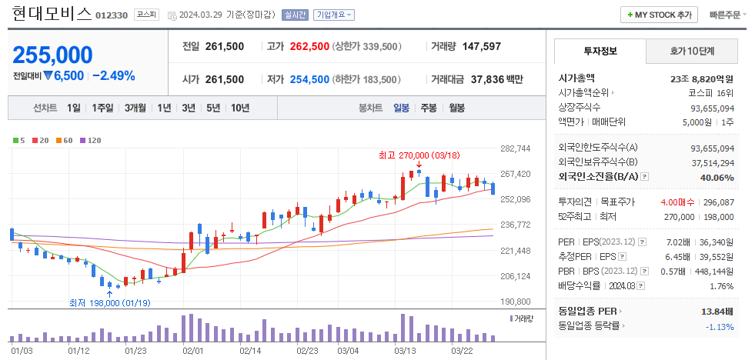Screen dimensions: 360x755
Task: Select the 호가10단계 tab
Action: [690, 51]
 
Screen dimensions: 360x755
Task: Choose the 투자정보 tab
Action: [600, 51]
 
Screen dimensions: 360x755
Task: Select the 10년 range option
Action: [239, 108]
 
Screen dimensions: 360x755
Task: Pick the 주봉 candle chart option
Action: [429, 108]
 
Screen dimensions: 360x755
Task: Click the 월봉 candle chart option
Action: [456, 108]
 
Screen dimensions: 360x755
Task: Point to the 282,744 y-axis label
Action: [516, 148]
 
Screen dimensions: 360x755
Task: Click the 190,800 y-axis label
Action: [516, 302]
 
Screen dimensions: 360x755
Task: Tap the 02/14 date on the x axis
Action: [250, 351]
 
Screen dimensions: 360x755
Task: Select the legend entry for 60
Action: [66, 140]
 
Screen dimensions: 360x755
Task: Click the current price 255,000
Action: [52, 55]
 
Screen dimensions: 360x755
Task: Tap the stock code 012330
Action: [112, 15]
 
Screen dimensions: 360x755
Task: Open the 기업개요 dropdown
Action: [334, 15]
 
